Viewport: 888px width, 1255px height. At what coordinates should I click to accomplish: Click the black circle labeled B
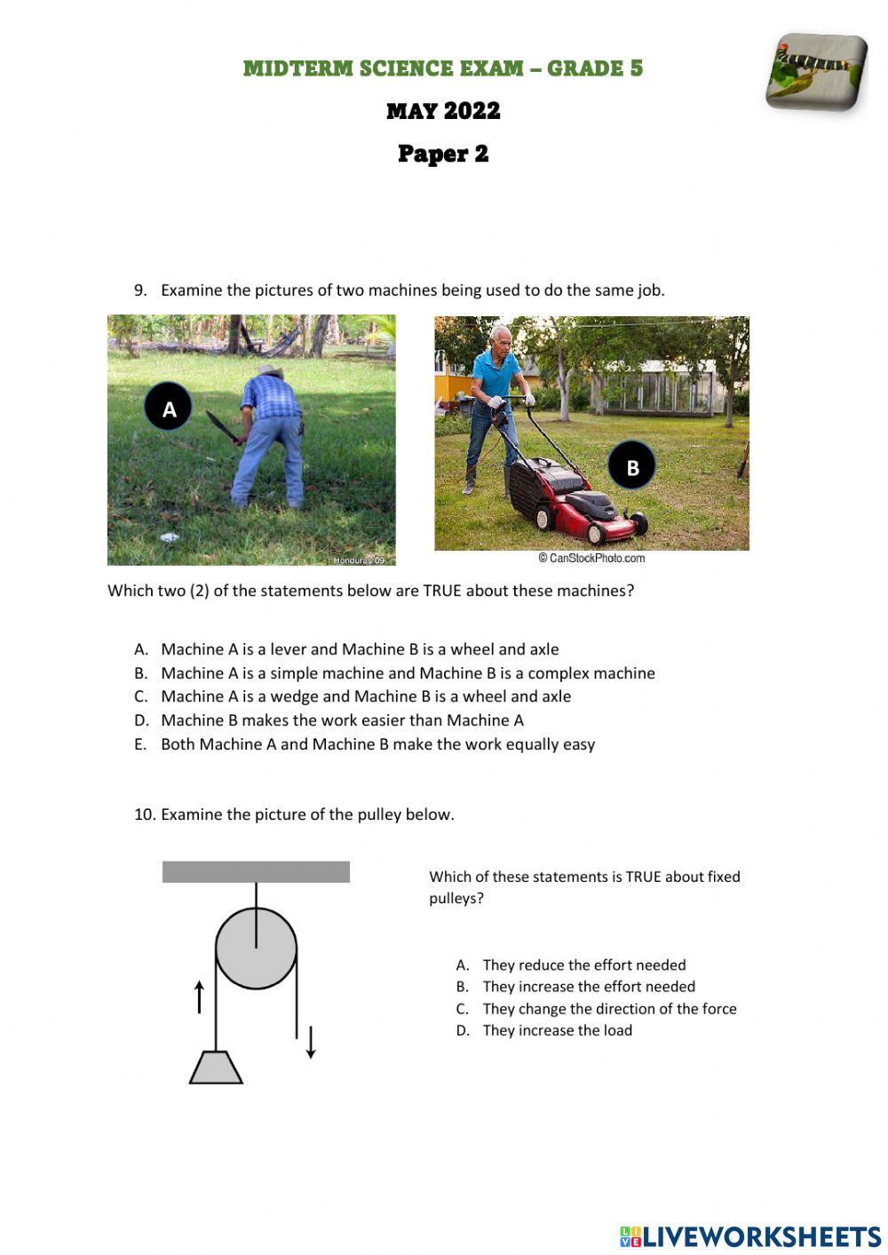coord(631,465)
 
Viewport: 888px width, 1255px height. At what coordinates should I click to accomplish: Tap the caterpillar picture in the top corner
coord(816,72)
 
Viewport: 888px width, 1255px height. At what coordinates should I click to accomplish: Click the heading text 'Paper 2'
coord(443,154)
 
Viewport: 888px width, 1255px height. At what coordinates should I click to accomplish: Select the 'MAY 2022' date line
coord(443,111)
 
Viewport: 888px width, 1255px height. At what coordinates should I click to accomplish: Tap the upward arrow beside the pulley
coord(199,997)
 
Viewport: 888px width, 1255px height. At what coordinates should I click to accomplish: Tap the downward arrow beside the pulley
coord(311,1041)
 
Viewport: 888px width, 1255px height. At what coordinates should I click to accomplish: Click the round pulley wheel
coord(256,948)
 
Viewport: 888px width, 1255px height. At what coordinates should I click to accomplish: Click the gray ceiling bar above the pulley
coord(256,871)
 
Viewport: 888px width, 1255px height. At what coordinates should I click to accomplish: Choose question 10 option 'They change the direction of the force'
coord(608,1009)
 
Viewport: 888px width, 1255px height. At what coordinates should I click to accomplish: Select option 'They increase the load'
coord(557,1030)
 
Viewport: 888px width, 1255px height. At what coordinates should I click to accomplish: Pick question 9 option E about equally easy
coord(377,744)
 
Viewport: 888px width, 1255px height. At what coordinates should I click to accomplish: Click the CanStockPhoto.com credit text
coord(591,558)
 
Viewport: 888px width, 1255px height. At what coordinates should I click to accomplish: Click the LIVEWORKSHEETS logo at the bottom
coord(749,1235)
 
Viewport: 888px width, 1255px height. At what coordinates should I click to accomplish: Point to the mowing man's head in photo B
coord(503,338)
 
